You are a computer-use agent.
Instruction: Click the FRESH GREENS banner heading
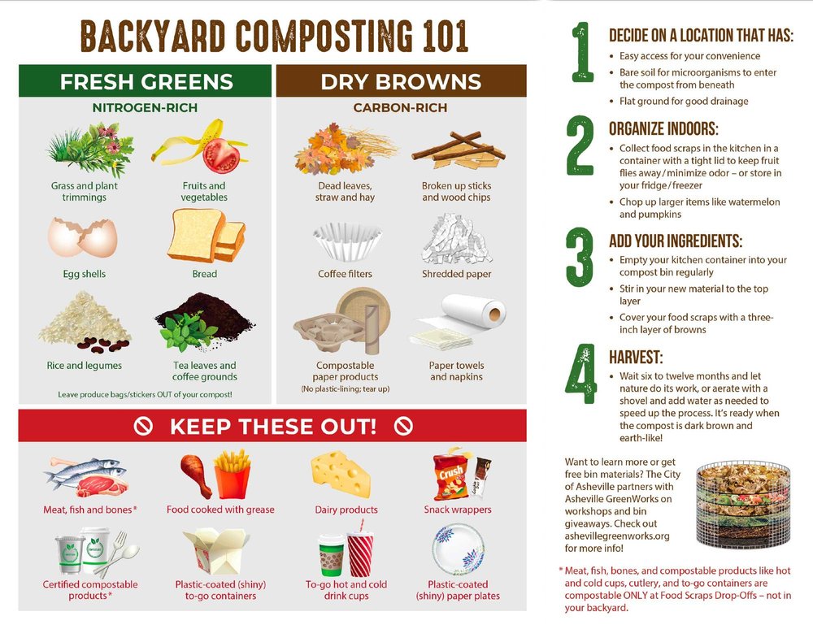tap(146, 82)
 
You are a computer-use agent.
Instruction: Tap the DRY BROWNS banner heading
tap(401, 82)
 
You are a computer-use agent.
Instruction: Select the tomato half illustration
tap(221, 155)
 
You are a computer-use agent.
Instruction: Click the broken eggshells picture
tap(82, 238)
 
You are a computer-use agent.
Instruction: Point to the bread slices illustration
tap(207, 236)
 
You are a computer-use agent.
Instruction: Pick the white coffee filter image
tap(347, 242)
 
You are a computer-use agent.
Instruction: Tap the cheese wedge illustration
tap(341, 474)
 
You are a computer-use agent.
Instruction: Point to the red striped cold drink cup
tap(360, 553)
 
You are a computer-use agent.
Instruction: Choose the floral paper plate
tap(459, 549)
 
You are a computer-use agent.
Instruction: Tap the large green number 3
tap(579, 257)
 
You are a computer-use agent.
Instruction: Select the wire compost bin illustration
tap(743, 505)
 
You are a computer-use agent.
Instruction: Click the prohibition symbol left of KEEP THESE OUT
tap(143, 426)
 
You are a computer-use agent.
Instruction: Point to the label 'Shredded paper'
tap(456, 274)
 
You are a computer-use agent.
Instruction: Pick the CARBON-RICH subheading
tap(400, 108)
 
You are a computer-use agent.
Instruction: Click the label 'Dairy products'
tap(346, 510)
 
